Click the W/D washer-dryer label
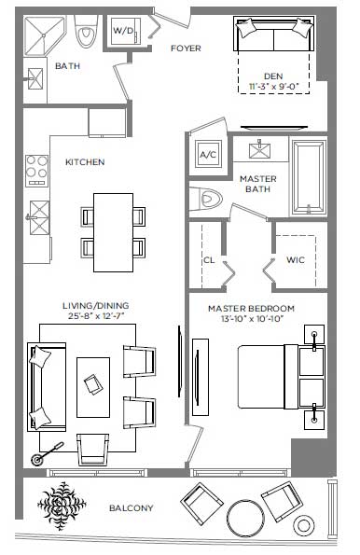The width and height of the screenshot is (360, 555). coord(123,31)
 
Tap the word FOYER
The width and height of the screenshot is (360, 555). coord(186,49)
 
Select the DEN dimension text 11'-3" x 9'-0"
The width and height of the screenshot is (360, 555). coord(273,86)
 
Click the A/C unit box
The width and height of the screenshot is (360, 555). coord(208,155)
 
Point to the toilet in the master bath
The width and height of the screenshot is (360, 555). coord(206,198)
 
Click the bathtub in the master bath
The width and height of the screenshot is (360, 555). coord(308,177)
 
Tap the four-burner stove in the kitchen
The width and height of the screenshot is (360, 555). coord(36,171)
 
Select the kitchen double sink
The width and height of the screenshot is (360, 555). coord(39,217)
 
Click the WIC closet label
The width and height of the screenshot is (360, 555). coord(296,260)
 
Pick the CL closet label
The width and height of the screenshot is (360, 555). coord(209,260)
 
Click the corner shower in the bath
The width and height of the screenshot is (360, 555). coord(44,35)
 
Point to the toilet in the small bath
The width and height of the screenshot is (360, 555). coord(86,32)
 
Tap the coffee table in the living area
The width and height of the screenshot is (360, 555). coord(93,387)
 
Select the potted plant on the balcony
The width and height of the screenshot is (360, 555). coord(62,506)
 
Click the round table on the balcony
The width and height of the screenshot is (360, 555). coord(245,517)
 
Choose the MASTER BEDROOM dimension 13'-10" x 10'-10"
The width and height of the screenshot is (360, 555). coord(252,319)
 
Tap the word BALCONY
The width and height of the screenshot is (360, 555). coord(132,508)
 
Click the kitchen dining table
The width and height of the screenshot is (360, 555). coord(113,232)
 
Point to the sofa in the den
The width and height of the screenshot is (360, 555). coord(274,34)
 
